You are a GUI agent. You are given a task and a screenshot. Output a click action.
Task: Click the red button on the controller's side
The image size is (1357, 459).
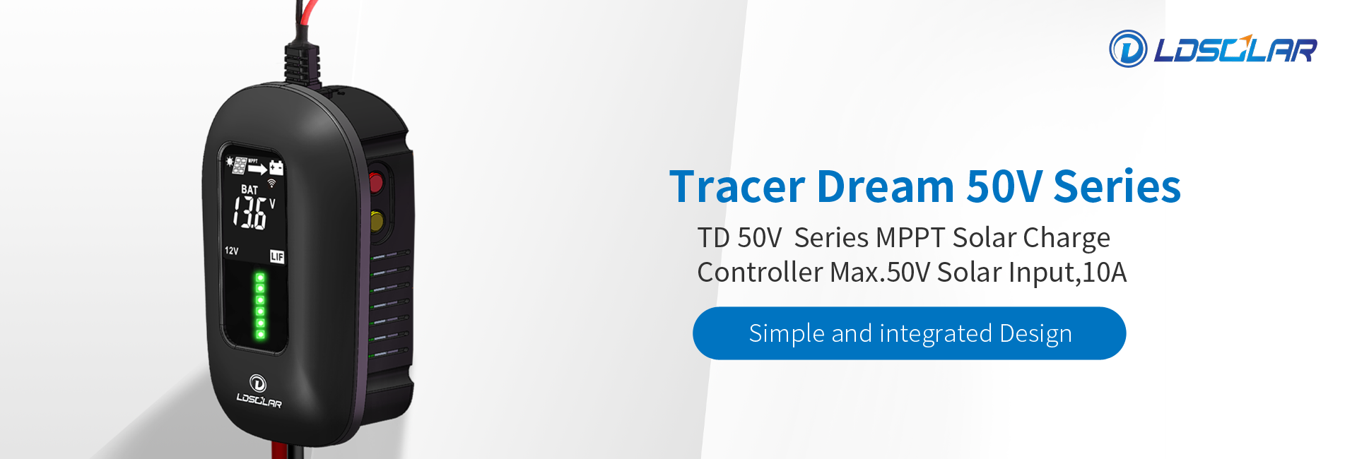click(x=376, y=183)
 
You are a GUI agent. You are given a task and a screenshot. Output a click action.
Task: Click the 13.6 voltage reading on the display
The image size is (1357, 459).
click(x=250, y=213)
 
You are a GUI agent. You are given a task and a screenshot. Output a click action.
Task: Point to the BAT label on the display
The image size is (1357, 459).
click(x=249, y=189)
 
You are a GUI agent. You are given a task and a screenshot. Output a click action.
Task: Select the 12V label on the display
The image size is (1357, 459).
click(x=232, y=251)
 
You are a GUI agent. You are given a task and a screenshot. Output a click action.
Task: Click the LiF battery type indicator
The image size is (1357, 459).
click(x=277, y=256)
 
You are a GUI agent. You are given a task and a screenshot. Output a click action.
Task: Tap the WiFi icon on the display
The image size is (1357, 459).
click(x=271, y=183)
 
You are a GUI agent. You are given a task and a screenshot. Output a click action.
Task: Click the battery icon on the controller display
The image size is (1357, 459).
click(x=276, y=167)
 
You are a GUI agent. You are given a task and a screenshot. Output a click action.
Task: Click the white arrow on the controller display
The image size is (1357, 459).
click(x=257, y=169)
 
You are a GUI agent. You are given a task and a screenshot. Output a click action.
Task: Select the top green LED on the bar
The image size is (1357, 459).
click(x=260, y=278)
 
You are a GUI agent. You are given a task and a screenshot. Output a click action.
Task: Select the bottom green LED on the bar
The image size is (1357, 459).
click(x=260, y=334)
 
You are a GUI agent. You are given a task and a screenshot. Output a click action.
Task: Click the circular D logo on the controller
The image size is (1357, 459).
click(x=258, y=383)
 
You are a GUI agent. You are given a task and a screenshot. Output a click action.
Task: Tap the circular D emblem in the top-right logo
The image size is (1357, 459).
click(x=1128, y=49)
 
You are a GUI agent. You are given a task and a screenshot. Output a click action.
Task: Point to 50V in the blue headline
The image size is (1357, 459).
click(x=1004, y=186)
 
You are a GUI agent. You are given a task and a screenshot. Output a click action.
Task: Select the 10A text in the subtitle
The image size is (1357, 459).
click(x=1104, y=273)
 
